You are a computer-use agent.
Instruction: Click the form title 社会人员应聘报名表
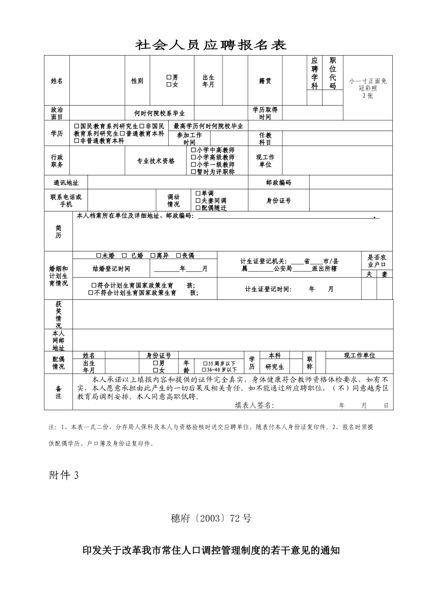coord(211,45)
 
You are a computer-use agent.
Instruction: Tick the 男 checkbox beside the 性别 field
coord(169,78)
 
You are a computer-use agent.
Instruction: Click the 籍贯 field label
coord(265,81)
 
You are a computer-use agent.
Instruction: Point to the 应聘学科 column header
coord(315,73)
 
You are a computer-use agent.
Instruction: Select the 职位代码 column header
coord(333,73)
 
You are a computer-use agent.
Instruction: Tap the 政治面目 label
coord(57,113)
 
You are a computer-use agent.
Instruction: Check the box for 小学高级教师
coord(194,157)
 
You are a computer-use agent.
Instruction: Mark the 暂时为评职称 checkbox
coord(194,171)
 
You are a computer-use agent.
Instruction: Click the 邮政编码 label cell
coord(279,183)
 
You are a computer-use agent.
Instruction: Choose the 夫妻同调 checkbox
coord(198,201)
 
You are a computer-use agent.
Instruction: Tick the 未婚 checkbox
coord(99,256)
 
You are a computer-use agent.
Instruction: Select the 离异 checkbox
coord(153,256)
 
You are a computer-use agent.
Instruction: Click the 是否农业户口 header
coord(377,261)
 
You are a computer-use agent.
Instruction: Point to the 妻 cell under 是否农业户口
coord(385,275)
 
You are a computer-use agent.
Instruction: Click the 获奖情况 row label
coord(59,314)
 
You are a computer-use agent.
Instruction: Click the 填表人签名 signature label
coord(255,405)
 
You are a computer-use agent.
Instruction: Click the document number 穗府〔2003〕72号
coord(211,518)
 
